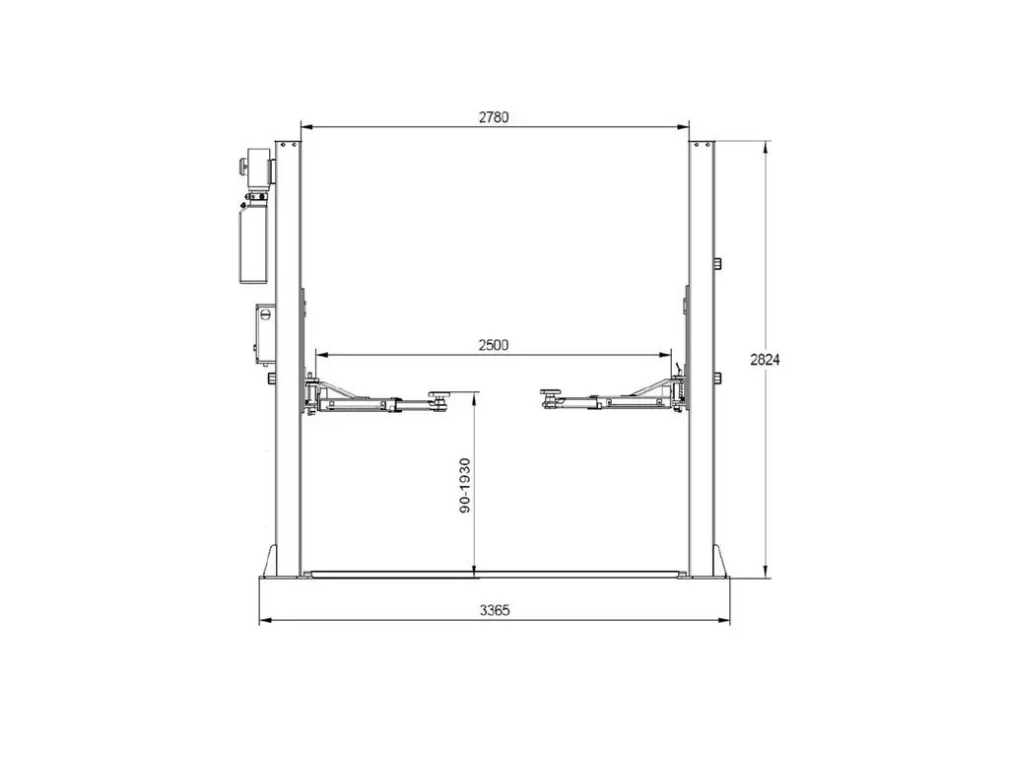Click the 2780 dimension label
tap(494, 117)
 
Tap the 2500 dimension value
tap(494, 345)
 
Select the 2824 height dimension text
tap(765, 360)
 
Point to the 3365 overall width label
tap(495, 610)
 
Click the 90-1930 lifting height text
tap(465, 485)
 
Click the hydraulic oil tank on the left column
tap(253, 242)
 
